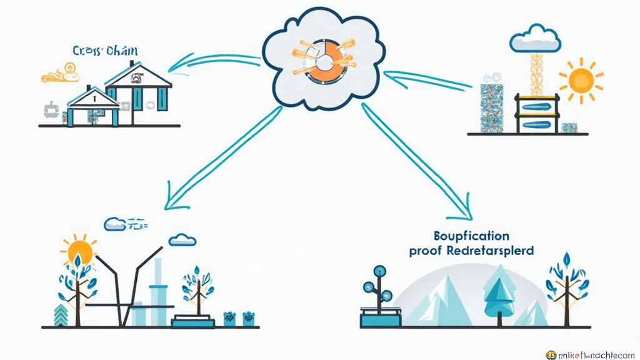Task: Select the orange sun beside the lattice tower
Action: pos(581,79)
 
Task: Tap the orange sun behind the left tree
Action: pos(80,252)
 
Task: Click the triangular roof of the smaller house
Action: pos(92,97)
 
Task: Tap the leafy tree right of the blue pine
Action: pos(567,285)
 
